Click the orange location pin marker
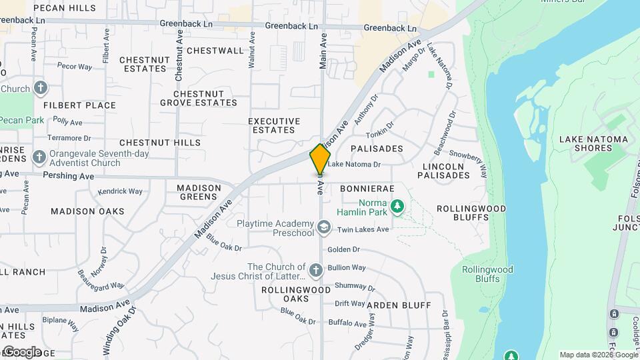coord(320,159)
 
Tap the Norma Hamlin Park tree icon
coord(398,207)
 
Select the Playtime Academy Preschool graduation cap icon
coord(324,228)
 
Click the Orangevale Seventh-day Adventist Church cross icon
coord(39,158)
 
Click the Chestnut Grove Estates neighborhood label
coord(198,98)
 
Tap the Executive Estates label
coord(271,125)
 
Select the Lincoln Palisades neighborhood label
coord(443,171)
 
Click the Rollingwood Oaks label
coord(295,294)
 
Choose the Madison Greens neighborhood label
coord(199,192)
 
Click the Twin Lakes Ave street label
coord(363,230)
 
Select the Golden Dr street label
coord(343,249)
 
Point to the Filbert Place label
coord(79,105)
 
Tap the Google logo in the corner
coord(21,351)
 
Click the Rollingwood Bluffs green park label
coord(487,274)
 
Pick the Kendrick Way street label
coord(120,191)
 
